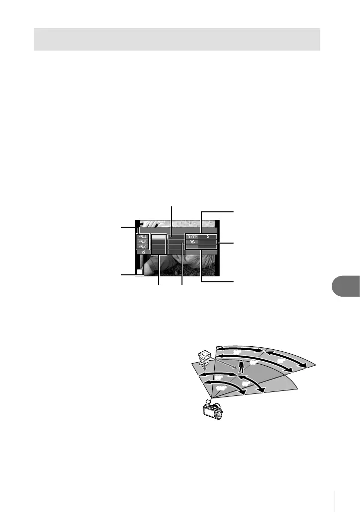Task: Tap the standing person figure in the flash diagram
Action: click(241, 366)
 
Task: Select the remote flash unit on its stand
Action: click(203, 359)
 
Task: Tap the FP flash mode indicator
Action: click(193, 237)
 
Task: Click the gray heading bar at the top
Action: click(177, 39)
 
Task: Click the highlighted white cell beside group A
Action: click(159, 237)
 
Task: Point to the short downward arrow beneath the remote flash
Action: click(203, 372)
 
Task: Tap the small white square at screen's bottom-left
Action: click(140, 272)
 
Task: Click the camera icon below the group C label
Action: click(142, 253)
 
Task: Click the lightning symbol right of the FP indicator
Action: click(208, 237)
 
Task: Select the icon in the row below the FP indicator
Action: click(191, 242)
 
